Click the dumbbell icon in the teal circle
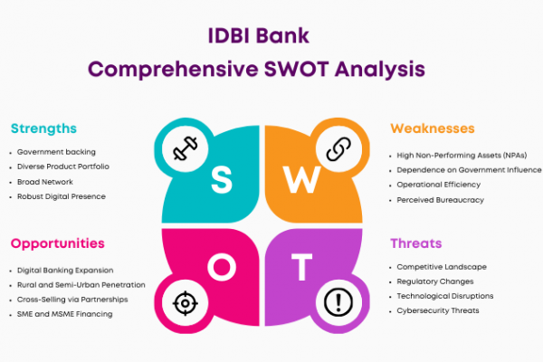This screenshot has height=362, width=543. [186, 148]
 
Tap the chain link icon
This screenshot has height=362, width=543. [338, 149]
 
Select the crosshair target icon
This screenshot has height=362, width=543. [186, 303]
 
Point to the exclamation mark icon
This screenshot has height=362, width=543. [338, 302]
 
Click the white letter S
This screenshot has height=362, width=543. [222, 179]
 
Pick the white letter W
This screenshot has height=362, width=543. [302, 179]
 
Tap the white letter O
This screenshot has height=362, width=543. [222, 267]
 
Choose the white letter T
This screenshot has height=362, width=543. [302, 267]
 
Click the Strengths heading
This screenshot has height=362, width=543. [43, 129]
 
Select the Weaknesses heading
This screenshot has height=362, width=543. [433, 129]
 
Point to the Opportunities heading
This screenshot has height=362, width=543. [58, 243]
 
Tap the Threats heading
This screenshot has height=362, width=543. [416, 243]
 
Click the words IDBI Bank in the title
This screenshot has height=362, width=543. [258, 35]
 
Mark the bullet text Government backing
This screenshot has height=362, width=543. [56, 152]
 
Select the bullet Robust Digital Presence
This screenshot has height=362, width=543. [62, 196]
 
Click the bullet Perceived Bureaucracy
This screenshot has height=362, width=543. [440, 200]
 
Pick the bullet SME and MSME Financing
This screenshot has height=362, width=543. [65, 314]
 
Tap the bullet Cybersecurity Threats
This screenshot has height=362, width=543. [438, 310]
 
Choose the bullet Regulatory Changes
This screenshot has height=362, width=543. [435, 281]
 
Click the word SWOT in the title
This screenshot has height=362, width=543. [297, 69]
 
